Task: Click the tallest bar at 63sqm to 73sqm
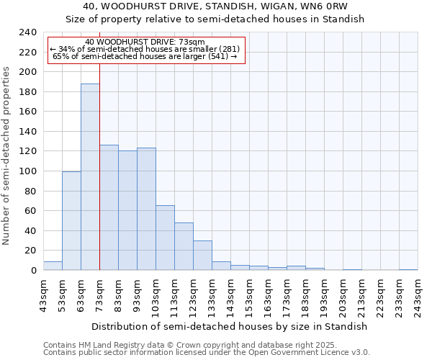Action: point(90,177)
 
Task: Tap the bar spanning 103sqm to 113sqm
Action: point(165,238)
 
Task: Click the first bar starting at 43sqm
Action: point(53,266)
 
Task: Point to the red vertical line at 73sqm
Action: point(99,180)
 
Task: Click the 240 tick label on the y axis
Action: point(28,32)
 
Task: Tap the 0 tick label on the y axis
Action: point(34,271)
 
